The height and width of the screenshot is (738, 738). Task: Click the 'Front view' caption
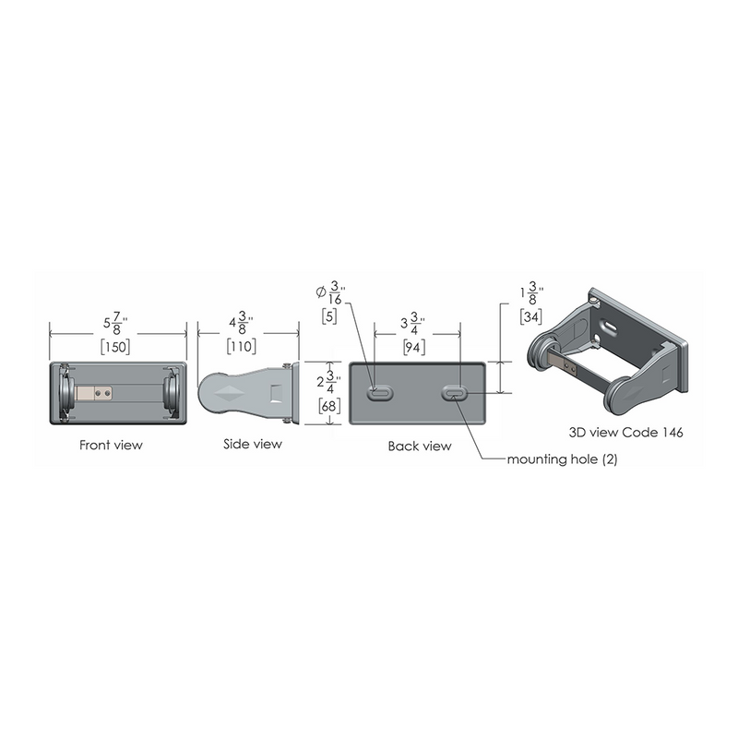pos(111,445)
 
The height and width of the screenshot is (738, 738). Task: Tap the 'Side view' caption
pos(253,444)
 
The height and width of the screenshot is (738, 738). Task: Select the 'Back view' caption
pos(420,446)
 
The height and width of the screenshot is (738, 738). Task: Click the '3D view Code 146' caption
pos(625,432)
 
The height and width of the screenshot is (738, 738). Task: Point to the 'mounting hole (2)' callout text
pos(562,458)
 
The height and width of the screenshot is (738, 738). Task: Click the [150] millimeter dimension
pos(115,347)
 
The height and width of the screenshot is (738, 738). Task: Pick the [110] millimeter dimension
pos(242,347)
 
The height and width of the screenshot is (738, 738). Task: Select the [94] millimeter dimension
pos(413,348)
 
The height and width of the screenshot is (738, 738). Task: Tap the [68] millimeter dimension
pos(329,405)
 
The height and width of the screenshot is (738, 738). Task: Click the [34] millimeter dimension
pos(531,316)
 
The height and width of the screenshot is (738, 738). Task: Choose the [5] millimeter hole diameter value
pos(329,316)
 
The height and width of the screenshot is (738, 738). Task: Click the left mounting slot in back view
pos(380,394)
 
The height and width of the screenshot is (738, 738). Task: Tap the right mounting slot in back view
pos(455,393)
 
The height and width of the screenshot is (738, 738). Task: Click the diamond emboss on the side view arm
pos(230,393)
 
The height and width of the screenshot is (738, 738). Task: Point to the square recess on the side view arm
pos(277,392)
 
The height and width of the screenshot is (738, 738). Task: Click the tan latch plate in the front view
pos(94,393)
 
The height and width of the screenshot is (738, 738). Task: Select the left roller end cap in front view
pos(66,393)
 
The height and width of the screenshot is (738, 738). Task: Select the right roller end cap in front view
pos(172,393)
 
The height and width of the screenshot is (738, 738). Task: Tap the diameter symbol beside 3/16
pos(321,292)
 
